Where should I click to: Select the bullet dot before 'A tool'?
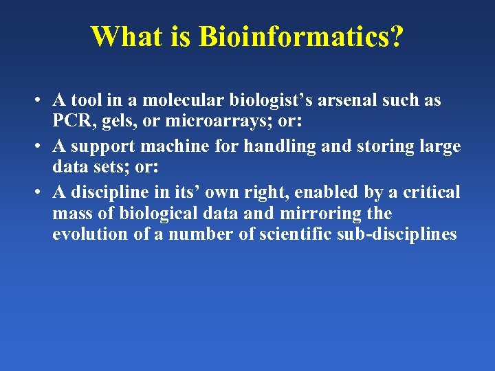pos(43,101)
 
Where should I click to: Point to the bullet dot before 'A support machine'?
pos(43,147)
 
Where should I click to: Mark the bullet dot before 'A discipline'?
pos(43,192)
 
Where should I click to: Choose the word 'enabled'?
pos(324,192)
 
